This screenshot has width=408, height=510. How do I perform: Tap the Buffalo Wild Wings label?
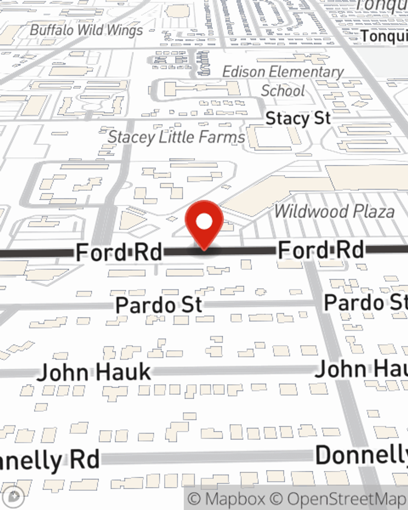86,30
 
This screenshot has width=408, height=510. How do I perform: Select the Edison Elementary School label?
283,81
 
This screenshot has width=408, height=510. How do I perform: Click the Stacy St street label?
298,118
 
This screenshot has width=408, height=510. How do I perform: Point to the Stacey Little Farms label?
176,137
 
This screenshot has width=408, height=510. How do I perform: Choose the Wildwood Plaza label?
334,211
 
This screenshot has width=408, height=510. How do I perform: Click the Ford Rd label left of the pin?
119,252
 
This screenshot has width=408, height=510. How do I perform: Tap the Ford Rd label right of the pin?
321,250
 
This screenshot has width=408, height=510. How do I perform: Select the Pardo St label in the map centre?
159,305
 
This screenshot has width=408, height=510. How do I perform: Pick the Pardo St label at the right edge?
366,303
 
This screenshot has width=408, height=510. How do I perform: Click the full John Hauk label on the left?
94,373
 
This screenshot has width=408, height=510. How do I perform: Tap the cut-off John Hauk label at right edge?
361,369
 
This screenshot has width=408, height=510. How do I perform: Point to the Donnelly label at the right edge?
361,455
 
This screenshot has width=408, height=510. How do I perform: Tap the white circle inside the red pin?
204,222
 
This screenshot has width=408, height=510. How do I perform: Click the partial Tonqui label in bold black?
384,36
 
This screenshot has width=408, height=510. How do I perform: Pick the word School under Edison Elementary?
283,91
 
